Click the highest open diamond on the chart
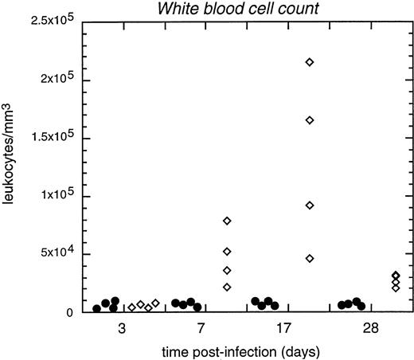310,61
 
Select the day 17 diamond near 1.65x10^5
310,119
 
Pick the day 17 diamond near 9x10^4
310,205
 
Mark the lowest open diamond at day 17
310,258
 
